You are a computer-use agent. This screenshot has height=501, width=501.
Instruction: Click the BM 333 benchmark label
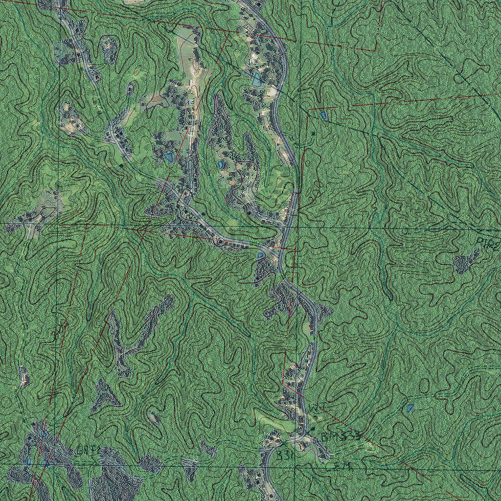pos(341,436)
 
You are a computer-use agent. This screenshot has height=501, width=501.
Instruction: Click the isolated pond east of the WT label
pos(410,407)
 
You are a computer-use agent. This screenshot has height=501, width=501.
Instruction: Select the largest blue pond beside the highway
pos(256,79)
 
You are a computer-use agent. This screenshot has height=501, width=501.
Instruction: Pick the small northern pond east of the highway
pos(323,115)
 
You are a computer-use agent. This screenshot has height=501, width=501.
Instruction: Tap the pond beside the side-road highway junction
pos(260,255)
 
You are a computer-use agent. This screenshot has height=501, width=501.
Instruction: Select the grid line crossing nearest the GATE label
pos(58,463)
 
